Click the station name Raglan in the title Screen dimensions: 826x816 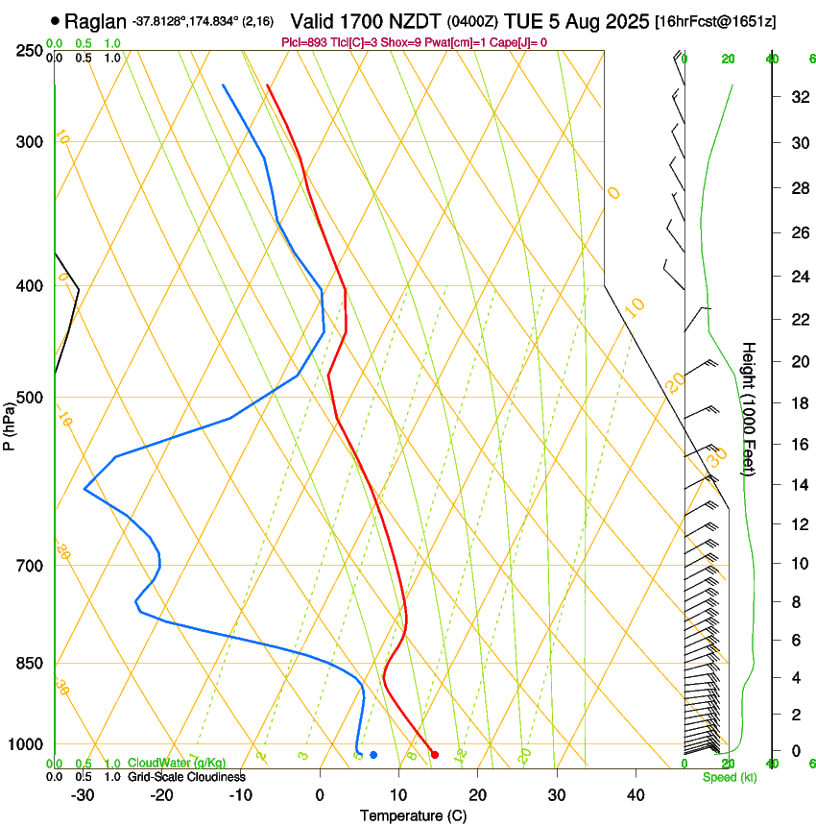point(95,20)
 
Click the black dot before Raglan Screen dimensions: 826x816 point(55,20)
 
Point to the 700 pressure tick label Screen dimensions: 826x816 point(31,566)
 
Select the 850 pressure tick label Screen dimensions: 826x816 point(31,664)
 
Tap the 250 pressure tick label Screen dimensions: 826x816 point(31,51)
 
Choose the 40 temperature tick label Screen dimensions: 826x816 point(635,795)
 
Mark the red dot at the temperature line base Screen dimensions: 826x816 point(435,754)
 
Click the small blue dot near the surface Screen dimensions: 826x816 point(373,754)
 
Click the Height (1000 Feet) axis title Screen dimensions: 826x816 point(749,408)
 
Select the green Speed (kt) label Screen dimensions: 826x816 point(730,777)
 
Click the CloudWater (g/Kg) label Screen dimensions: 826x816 point(177,764)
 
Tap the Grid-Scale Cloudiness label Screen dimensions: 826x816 point(186,777)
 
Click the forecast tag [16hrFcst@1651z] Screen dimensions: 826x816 point(714,21)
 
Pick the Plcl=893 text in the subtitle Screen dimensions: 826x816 point(304,42)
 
